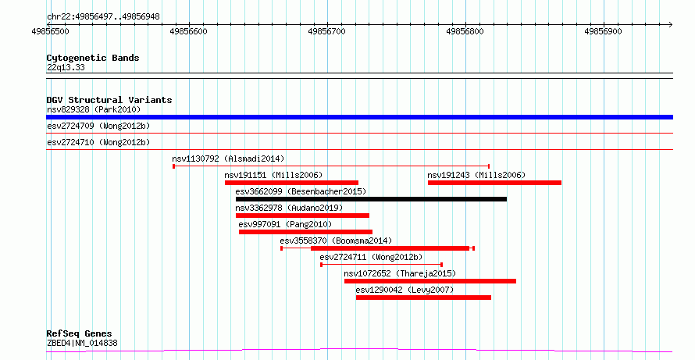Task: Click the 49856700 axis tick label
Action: [327, 31]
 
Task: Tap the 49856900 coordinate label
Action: [604, 31]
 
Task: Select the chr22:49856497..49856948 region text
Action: [103, 17]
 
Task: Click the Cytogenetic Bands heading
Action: [93, 58]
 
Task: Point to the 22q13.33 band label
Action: [66, 68]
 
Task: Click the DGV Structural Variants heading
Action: [109, 100]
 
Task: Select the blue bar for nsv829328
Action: [359, 117]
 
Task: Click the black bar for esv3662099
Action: [371, 199]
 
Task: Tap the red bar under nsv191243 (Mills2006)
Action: [494, 183]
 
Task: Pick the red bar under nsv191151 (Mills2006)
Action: [291, 183]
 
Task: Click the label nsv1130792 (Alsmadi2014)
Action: [228, 159]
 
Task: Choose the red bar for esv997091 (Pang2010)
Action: [305, 232]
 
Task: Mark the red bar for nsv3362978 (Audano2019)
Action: [302, 216]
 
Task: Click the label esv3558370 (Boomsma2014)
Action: [336, 241]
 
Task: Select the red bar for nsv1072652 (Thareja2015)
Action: [430, 281]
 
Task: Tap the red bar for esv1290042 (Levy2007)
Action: [423, 298]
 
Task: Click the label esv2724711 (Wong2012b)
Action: [372, 257]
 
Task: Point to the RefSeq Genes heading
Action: [80, 333]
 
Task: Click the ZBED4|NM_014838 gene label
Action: [82, 343]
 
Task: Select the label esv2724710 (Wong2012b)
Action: [98, 142]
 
